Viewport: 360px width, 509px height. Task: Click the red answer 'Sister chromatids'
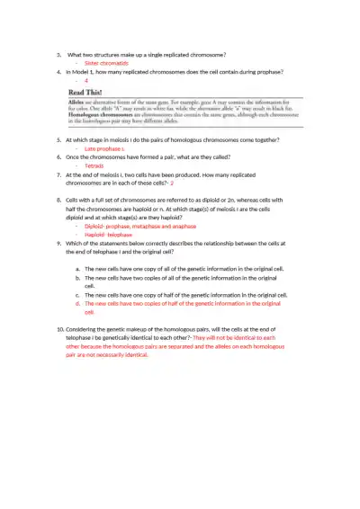coord(106,64)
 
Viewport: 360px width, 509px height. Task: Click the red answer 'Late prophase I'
coord(105,148)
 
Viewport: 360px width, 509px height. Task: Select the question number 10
coord(59,330)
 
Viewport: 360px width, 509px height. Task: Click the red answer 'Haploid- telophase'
coord(109,234)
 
